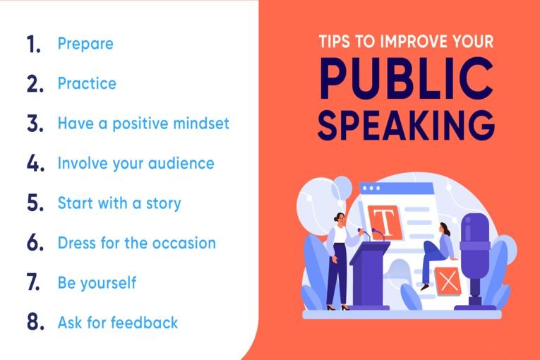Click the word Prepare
(x=85, y=44)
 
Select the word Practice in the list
(x=87, y=83)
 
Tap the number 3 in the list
(x=35, y=124)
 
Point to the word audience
(x=181, y=163)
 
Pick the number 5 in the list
(x=35, y=203)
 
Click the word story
(x=164, y=203)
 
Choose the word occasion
(x=184, y=244)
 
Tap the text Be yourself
(x=97, y=283)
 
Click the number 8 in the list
(x=35, y=323)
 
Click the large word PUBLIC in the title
(x=407, y=79)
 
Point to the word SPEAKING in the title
(x=407, y=126)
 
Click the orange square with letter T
(x=385, y=222)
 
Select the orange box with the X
(x=448, y=281)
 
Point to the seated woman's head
(x=444, y=229)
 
